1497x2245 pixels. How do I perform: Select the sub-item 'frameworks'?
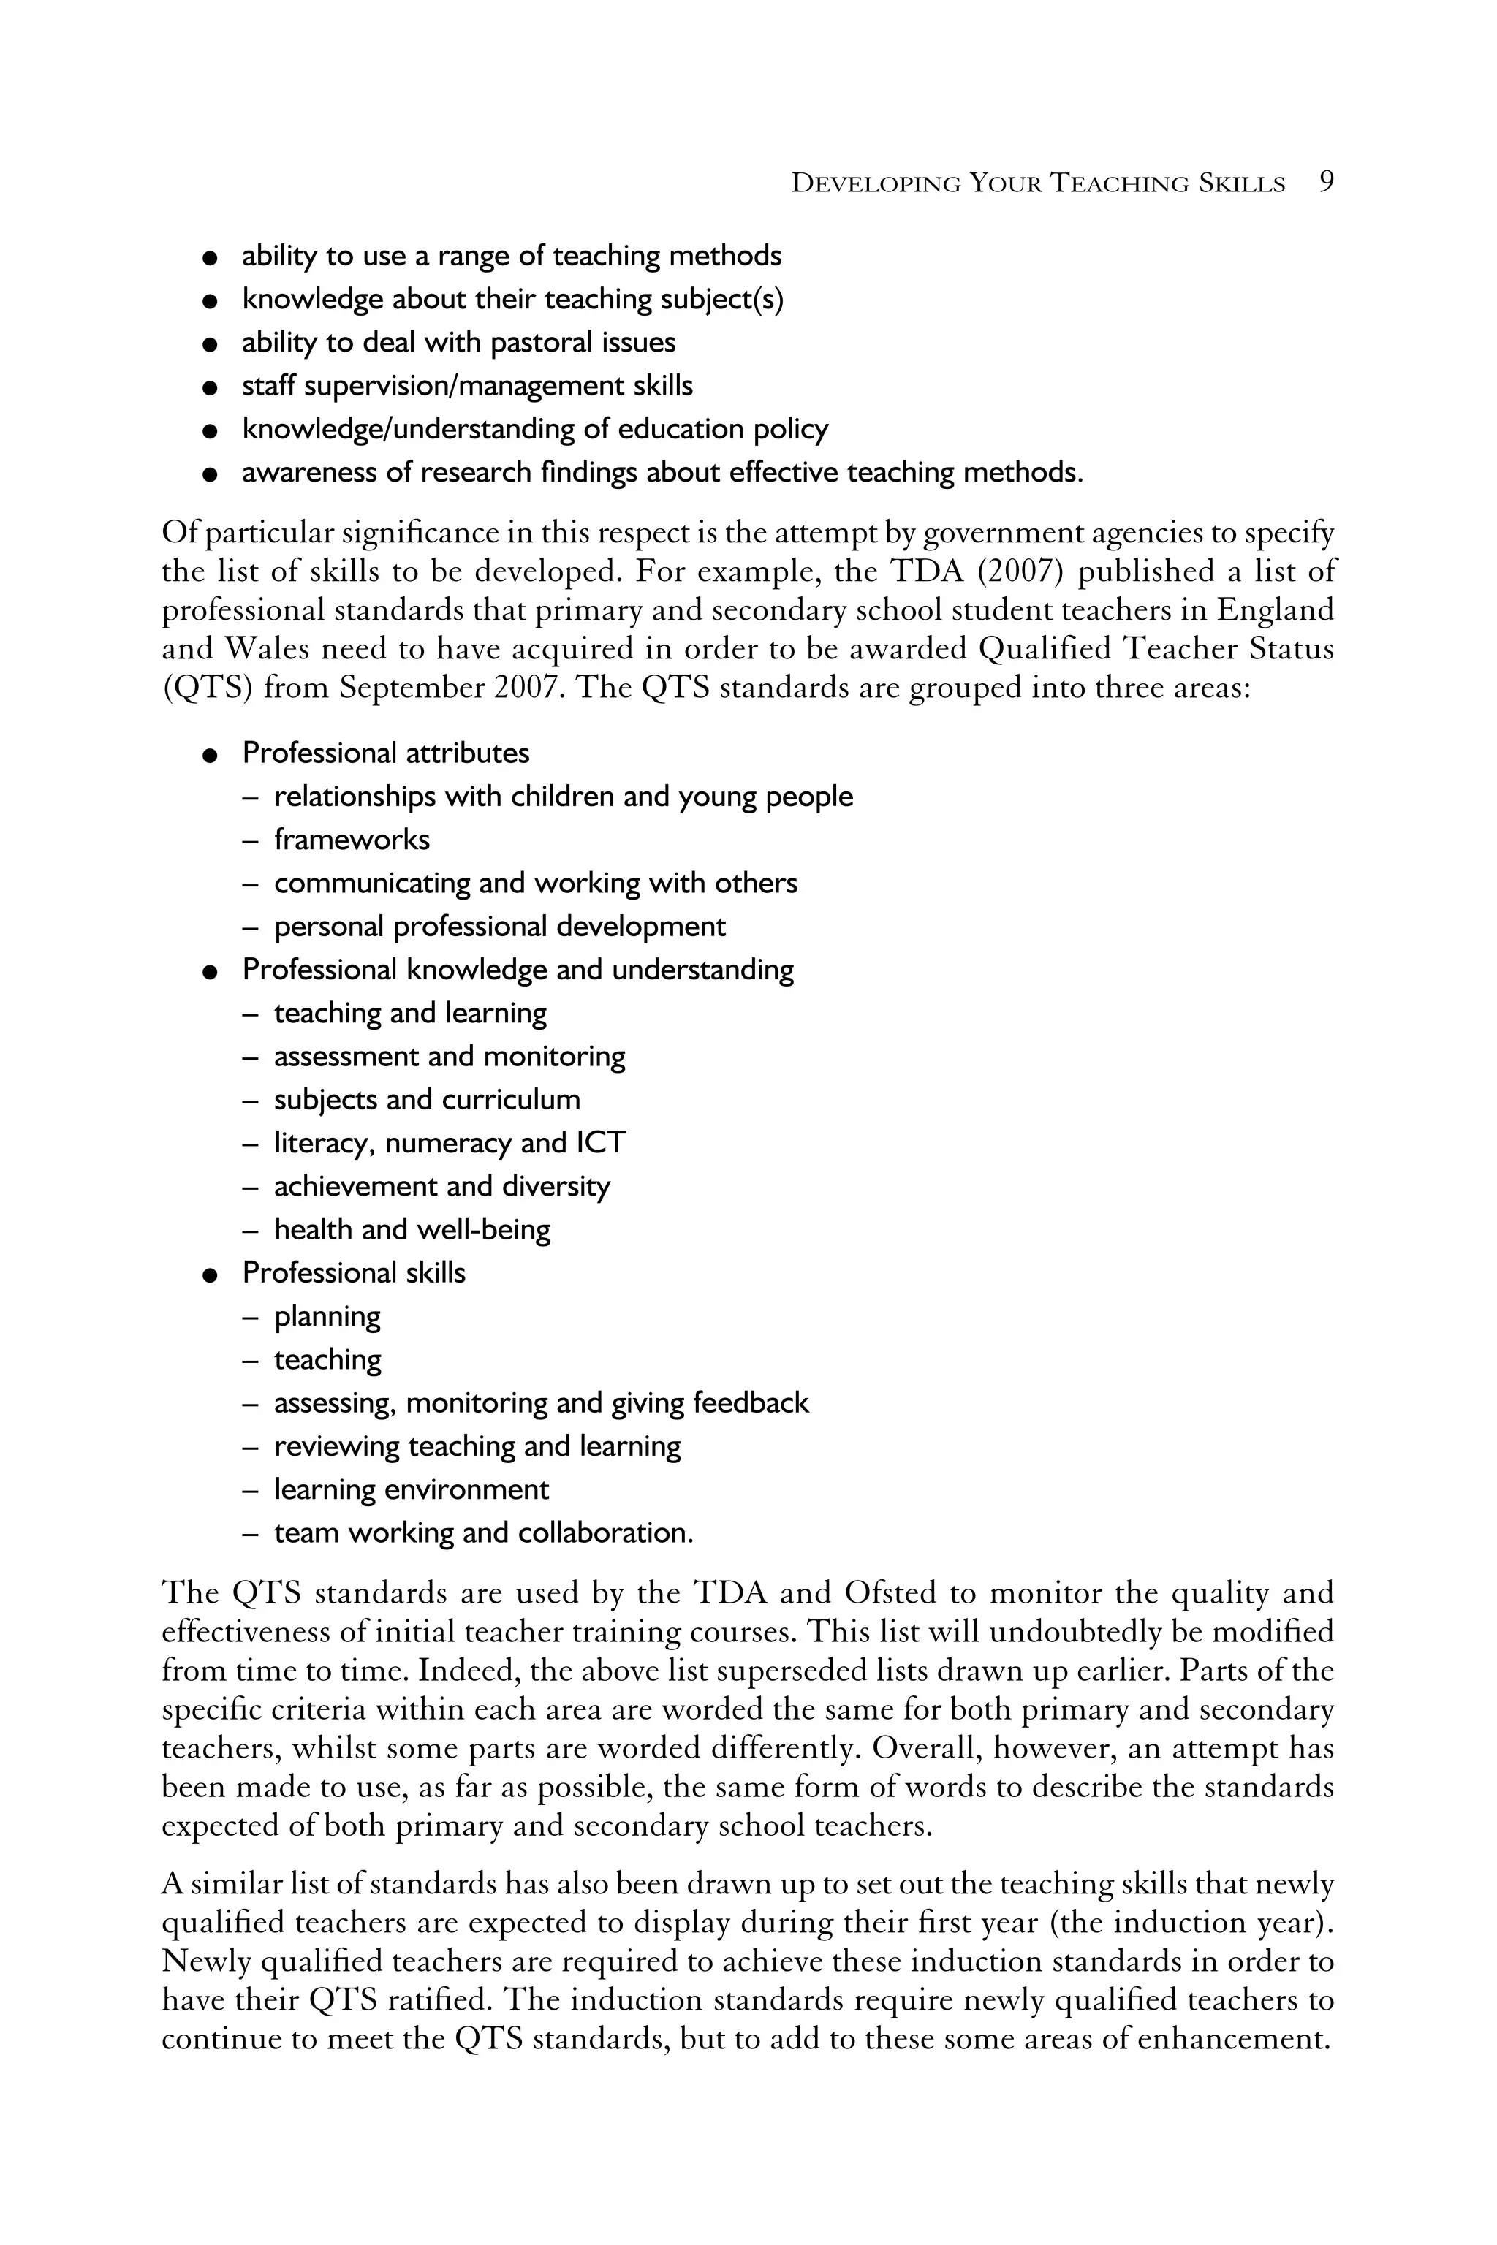click(x=352, y=840)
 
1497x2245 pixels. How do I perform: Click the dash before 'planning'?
click(x=250, y=1317)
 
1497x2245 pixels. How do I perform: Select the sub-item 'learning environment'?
click(x=412, y=1490)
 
